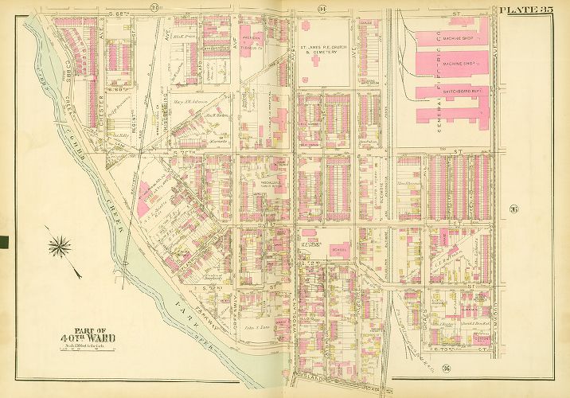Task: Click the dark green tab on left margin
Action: [3, 241]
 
